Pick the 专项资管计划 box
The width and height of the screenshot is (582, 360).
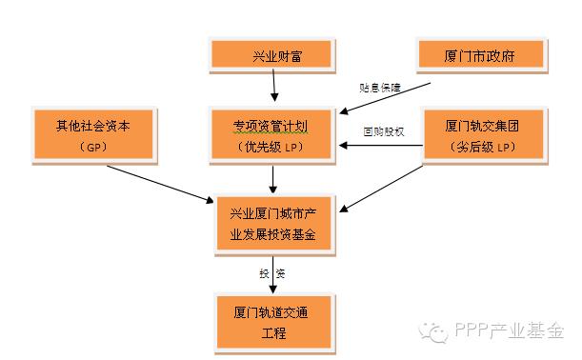click(272, 134)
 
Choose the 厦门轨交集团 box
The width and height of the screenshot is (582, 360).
click(481, 134)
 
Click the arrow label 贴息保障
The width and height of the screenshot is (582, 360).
click(378, 89)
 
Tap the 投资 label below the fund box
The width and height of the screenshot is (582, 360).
click(272, 273)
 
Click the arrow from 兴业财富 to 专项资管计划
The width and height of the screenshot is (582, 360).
click(274, 86)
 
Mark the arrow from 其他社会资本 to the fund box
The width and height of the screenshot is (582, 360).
click(162, 184)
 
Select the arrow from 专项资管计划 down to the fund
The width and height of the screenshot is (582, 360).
click(273, 178)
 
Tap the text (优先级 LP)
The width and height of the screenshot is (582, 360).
click(272, 147)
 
